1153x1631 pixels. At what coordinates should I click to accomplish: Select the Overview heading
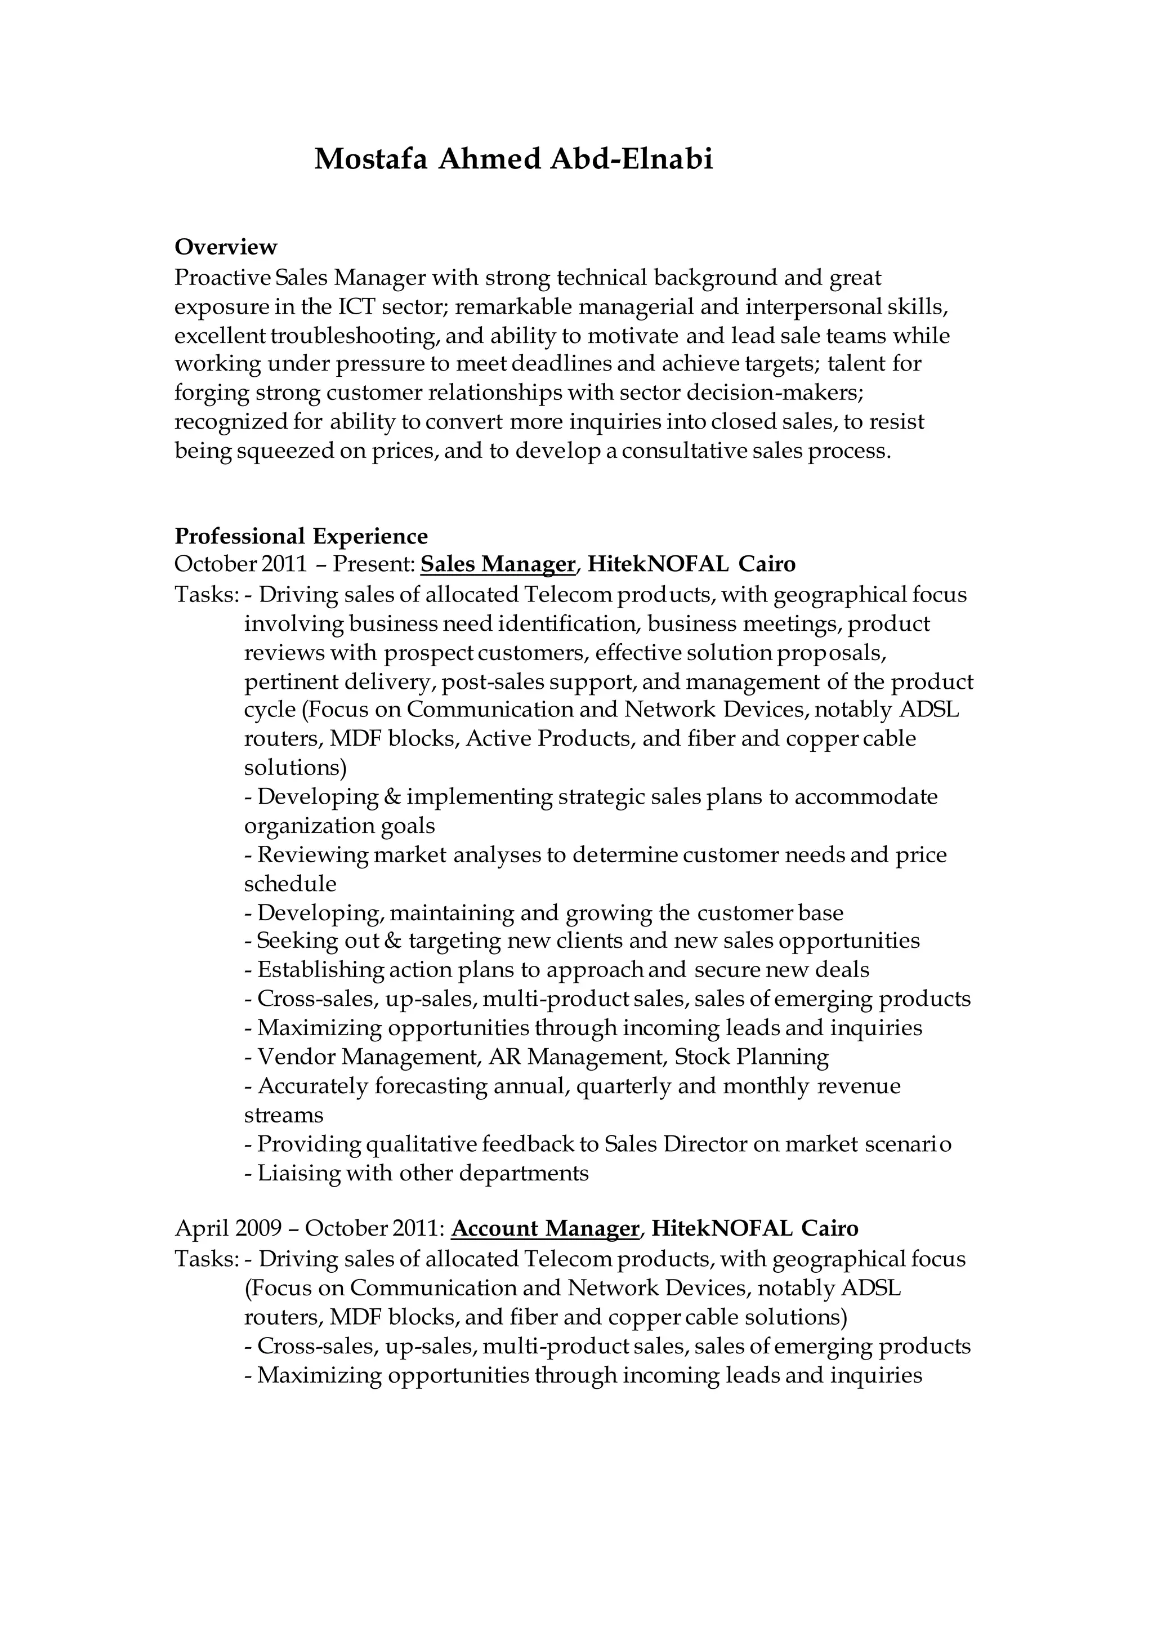[x=226, y=247]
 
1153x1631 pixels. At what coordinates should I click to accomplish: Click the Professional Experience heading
[x=301, y=536]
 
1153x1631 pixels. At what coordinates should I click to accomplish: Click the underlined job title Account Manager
[x=546, y=1228]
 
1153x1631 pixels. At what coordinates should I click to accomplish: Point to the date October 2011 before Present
[x=240, y=565]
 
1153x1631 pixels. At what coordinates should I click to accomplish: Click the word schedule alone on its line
[x=291, y=884]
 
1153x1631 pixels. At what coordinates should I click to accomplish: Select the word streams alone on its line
[x=284, y=1115]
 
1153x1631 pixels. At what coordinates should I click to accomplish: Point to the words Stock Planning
[x=751, y=1057]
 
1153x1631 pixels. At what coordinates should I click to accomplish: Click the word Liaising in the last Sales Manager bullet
[x=298, y=1173]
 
